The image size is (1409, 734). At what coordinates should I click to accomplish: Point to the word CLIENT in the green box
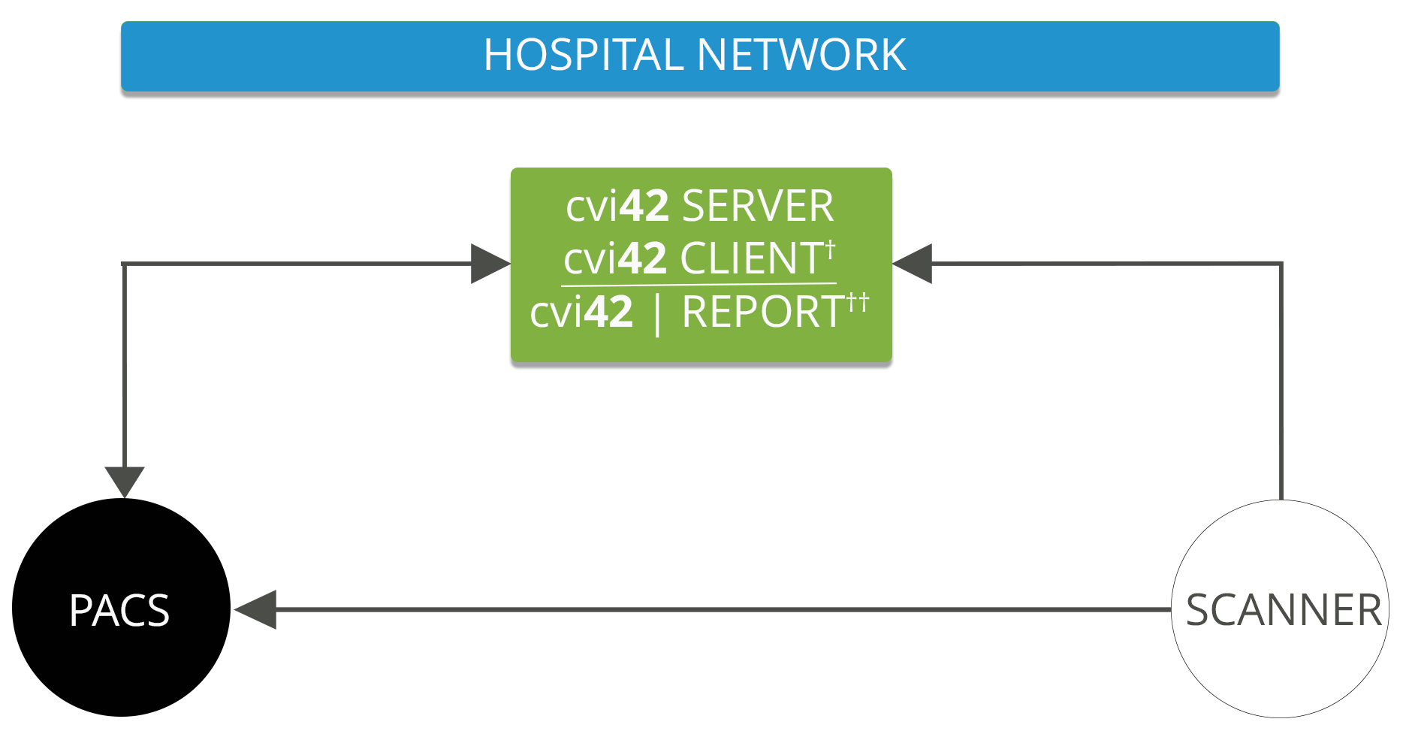[752, 258]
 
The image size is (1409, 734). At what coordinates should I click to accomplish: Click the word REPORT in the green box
[763, 312]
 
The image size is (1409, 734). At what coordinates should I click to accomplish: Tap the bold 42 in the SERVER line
[644, 206]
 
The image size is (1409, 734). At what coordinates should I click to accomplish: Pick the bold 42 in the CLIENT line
[643, 258]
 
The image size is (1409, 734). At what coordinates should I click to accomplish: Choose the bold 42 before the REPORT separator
[608, 312]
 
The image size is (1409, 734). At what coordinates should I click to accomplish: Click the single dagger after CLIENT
[830, 249]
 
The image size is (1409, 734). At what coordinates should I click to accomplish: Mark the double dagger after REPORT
[858, 303]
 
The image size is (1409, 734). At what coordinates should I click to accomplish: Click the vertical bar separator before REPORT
[658, 315]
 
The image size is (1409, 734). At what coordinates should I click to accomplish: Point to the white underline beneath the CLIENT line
[698, 285]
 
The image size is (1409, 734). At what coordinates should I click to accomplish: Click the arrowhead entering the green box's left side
[490, 264]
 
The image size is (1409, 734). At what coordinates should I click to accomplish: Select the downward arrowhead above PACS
[125, 480]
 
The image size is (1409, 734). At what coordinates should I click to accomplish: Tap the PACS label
[119, 610]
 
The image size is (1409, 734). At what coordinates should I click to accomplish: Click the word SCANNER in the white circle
[1284, 609]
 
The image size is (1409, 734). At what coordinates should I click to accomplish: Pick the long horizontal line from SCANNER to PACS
[721, 609]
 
